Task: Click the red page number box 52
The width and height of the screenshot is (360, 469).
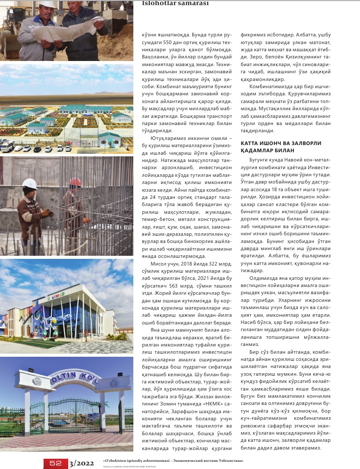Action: click(x=55, y=463)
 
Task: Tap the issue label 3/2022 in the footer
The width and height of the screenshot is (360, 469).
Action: click(x=82, y=463)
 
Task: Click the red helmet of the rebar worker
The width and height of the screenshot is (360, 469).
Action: click(x=75, y=182)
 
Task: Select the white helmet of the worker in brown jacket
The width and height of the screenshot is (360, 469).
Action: click(x=30, y=183)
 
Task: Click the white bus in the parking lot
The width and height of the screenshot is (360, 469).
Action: click(x=7, y=146)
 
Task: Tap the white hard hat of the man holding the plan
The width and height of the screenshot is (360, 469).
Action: click(x=48, y=4)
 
